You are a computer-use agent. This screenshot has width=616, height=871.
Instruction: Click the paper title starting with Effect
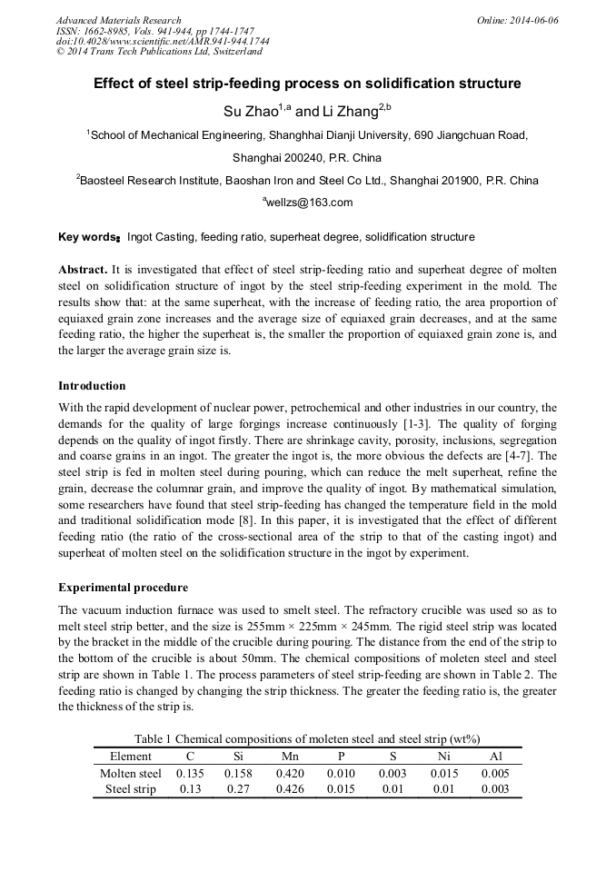[x=307, y=84]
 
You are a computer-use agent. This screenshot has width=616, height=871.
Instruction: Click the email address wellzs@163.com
[x=307, y=203]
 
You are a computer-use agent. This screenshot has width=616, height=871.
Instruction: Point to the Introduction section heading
[x=92, y=386]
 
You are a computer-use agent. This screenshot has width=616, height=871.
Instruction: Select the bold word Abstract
[x=83, y=271]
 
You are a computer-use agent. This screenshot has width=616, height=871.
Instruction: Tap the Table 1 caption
[x=307, y=738]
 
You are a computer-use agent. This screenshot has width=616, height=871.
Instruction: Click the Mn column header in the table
[x=290, y=756]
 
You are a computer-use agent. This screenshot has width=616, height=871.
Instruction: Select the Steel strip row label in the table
[x=131, y=789]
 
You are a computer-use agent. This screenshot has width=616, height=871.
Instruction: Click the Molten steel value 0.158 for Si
[x=239, y=773]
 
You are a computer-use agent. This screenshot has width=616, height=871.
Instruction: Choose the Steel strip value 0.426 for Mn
[x=290, y=789]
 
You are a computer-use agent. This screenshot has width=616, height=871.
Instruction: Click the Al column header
[x=495, y=756]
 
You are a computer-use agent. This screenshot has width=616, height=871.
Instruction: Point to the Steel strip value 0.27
[x=239, y=789]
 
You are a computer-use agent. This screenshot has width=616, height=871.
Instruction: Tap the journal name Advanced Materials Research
[x=118, y=20]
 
